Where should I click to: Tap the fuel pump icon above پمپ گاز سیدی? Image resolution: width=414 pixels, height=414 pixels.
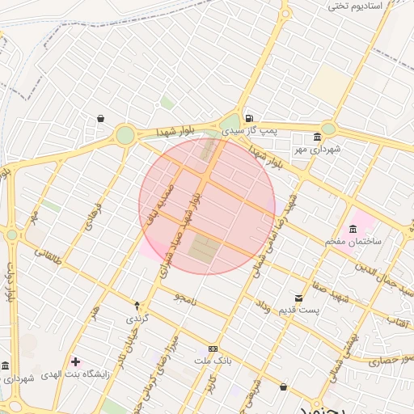(x=248, y=117)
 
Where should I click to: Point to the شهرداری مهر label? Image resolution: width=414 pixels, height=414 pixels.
(x=318, y=150)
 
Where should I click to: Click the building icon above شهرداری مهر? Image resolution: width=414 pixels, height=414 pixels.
(x=316, y=137)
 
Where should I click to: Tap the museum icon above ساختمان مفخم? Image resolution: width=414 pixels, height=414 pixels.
(x=352, y=228)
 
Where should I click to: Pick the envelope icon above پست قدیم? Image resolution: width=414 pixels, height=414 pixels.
(x=298, y=298)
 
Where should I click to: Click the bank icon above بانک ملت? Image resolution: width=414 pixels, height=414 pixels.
(x=213, y=349)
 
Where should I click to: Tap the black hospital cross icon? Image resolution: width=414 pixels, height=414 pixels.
(x=76, y=361)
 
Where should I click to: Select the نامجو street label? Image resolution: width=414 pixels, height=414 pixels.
(x=185, y=298)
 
